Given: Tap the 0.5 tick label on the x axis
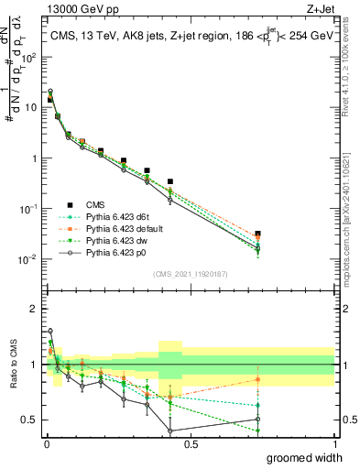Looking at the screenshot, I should [x=191, y=443].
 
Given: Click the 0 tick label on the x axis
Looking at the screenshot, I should [x=46, y=443].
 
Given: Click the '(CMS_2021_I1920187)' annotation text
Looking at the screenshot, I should [x=191, y=274].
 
